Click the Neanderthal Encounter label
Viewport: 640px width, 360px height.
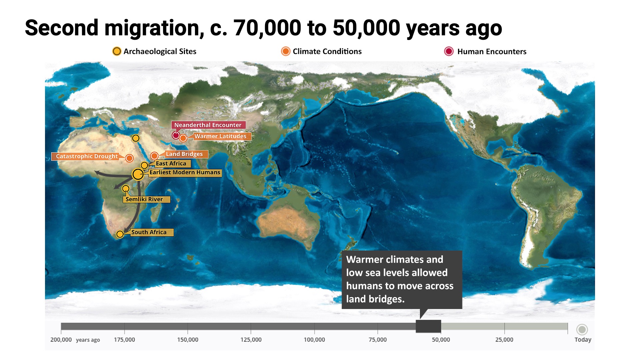(x=208, y=125)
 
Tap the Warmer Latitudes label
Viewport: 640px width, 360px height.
(x=220, y=136)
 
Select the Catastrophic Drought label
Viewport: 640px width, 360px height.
(x=87, y=156)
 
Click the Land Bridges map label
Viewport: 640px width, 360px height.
(x=184, y=154)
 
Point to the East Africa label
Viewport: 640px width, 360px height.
(x=171, y=164)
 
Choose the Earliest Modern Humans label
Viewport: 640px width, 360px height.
(x=185, y=172)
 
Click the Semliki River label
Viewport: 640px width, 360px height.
(x=144, y=199)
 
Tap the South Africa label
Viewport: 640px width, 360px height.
(x=149, y=232)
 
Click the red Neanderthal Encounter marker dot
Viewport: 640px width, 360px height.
(x=176, y=135)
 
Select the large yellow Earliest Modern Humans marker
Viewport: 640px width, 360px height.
(x=138, y=174)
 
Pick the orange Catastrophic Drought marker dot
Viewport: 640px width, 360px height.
(x=129, y=158)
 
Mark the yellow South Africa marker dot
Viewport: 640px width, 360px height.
(x=120, y=234)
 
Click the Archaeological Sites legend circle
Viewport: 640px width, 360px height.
(x=117, y=51)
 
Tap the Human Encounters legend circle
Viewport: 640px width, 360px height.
(x=449, y=51)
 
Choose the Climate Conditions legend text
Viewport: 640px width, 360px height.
(x=327, y=51)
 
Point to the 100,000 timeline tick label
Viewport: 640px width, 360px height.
(x=314, y=340)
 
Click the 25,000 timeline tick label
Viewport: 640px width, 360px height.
(x=504, y=340)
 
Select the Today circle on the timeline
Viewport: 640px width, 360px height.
(x=582, y=330)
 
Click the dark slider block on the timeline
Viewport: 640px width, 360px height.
(x=428, y=326)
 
